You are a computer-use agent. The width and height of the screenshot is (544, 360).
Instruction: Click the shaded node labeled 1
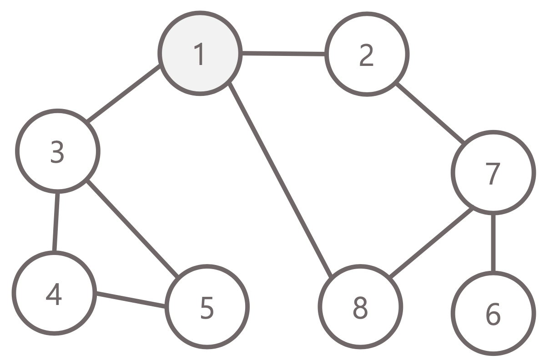point(199,54)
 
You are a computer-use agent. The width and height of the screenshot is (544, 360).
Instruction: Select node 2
point(367,55)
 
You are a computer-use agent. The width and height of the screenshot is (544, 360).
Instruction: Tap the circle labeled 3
point(57,151)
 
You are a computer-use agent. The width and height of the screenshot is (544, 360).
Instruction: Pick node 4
point(54,293)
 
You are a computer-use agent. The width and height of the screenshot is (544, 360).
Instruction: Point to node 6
point(493,312)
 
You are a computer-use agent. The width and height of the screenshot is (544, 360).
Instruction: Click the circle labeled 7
point(493,172)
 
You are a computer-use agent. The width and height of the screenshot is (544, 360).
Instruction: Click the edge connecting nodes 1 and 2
point(283,54)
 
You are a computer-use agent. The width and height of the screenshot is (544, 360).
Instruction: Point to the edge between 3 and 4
point(55,222)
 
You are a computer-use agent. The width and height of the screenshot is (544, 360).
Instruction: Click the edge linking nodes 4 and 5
point(130,301)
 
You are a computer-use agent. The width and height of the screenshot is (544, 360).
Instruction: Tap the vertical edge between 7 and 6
point(493,242)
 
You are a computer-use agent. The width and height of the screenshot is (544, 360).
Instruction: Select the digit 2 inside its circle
point(366,55)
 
